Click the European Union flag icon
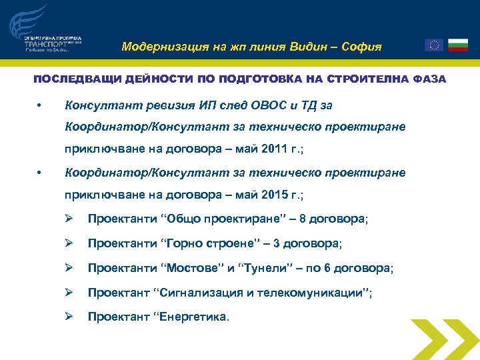coord(433,45)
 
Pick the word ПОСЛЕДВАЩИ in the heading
coord(69,79)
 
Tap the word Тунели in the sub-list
coord(264,268)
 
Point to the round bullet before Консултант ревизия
coord(40,106)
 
